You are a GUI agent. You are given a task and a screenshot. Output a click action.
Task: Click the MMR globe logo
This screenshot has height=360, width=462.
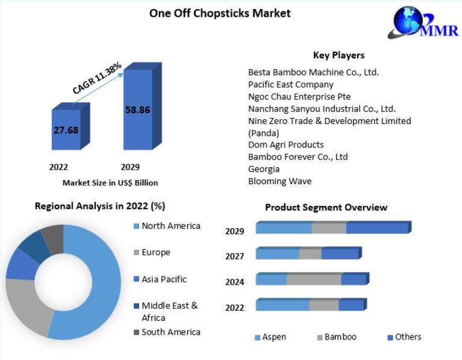pyautogui.click(x=423, y=22)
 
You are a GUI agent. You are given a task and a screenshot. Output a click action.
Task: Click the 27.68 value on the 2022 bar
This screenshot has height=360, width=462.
pyautogui.click(x=66, y=130)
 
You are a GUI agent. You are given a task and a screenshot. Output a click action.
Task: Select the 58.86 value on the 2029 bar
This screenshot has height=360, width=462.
pyautogui.click(x=137, y=110)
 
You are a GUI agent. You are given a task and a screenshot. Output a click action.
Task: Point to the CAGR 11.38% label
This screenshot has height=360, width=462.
pyautogui.click(x=97, y=78)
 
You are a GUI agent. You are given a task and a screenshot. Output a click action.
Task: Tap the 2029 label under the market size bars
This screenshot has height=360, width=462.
pyautogui.click(x=130, y=167)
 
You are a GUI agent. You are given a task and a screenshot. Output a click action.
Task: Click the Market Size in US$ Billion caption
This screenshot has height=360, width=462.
pyautogui.click(x=110, y=183)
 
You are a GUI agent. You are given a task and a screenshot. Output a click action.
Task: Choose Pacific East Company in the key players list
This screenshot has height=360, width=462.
pyautogui.click(x=291, y=85)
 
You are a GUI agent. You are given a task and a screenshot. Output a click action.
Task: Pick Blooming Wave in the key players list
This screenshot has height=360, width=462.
pyautogui.click(x=279, y=181)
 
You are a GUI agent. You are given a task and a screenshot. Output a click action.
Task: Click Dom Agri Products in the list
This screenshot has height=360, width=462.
pyautogui.click(x=286, y=145)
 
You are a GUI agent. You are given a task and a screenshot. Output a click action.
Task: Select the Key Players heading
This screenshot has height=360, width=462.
pyautogui.click(x=339, y=55)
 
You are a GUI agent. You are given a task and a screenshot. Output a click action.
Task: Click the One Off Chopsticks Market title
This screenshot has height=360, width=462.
pyautogui.click(x=220, y=13)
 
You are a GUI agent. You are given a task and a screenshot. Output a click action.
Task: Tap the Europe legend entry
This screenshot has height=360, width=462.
pyautogui.click(x=152, y=253)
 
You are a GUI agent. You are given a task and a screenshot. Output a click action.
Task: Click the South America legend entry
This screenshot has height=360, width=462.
pyautogui.click(x=167, y=332)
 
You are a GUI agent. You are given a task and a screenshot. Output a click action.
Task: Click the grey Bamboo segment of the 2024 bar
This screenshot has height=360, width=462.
pyautogui.click(x=314, y=280)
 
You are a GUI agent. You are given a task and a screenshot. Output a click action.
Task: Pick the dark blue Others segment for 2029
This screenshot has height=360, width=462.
pyautogui.click(x=377, y=228)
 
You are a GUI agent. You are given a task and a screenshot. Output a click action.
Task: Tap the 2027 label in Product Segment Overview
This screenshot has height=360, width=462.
pyautogui.click(x=234, y=256)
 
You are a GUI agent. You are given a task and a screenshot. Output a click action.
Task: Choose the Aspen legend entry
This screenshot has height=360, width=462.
pyautogui.click(x=270, y=337)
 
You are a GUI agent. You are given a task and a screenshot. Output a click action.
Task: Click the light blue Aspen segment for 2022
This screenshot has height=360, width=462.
pyautogui.click(x=283, y=305)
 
